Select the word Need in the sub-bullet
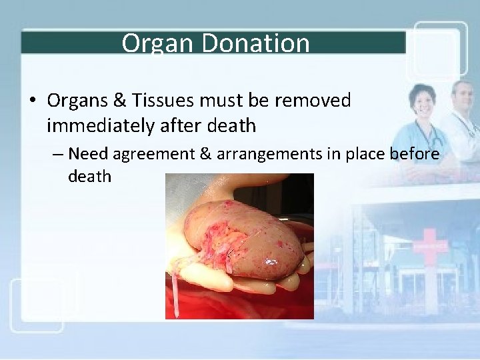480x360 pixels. pyautogui.click(x=88, y=154)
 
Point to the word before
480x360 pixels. pyautogui.click(x=414, y=154)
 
